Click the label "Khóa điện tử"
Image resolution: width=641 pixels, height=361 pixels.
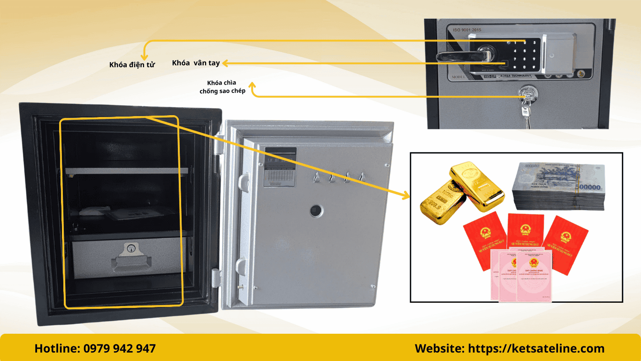click(x=132, y=65)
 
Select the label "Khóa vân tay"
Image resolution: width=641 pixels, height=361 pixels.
click(x=196, y=63)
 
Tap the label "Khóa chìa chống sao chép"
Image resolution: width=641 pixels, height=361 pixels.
click(x=222, y=87)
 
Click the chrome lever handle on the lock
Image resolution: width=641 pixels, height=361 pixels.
click(x=462, y=57)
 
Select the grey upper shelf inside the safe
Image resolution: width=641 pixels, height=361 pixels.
click(x=127, y=171)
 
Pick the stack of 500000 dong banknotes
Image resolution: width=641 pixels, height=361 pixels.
click(x=558, y=186)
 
